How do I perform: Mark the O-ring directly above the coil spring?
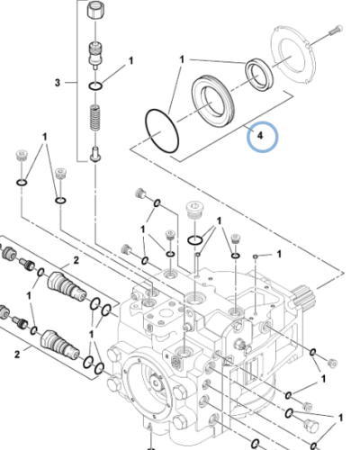click(x=96, y=86)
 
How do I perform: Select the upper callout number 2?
click(x=76, y=260)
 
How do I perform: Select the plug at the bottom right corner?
click(x=312, y=425)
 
